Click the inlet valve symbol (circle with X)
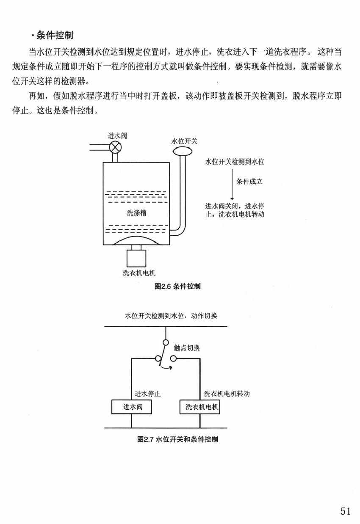(115, 147)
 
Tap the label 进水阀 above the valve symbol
(117, 136)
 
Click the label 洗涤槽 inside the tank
(136, 212)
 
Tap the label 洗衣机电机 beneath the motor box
(136, 273)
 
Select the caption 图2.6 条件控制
(178, 287)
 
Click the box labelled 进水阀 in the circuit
(131, 407)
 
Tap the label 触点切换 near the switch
(187, 348)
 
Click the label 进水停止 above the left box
(147, 394)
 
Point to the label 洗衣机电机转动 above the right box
(227, 394)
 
